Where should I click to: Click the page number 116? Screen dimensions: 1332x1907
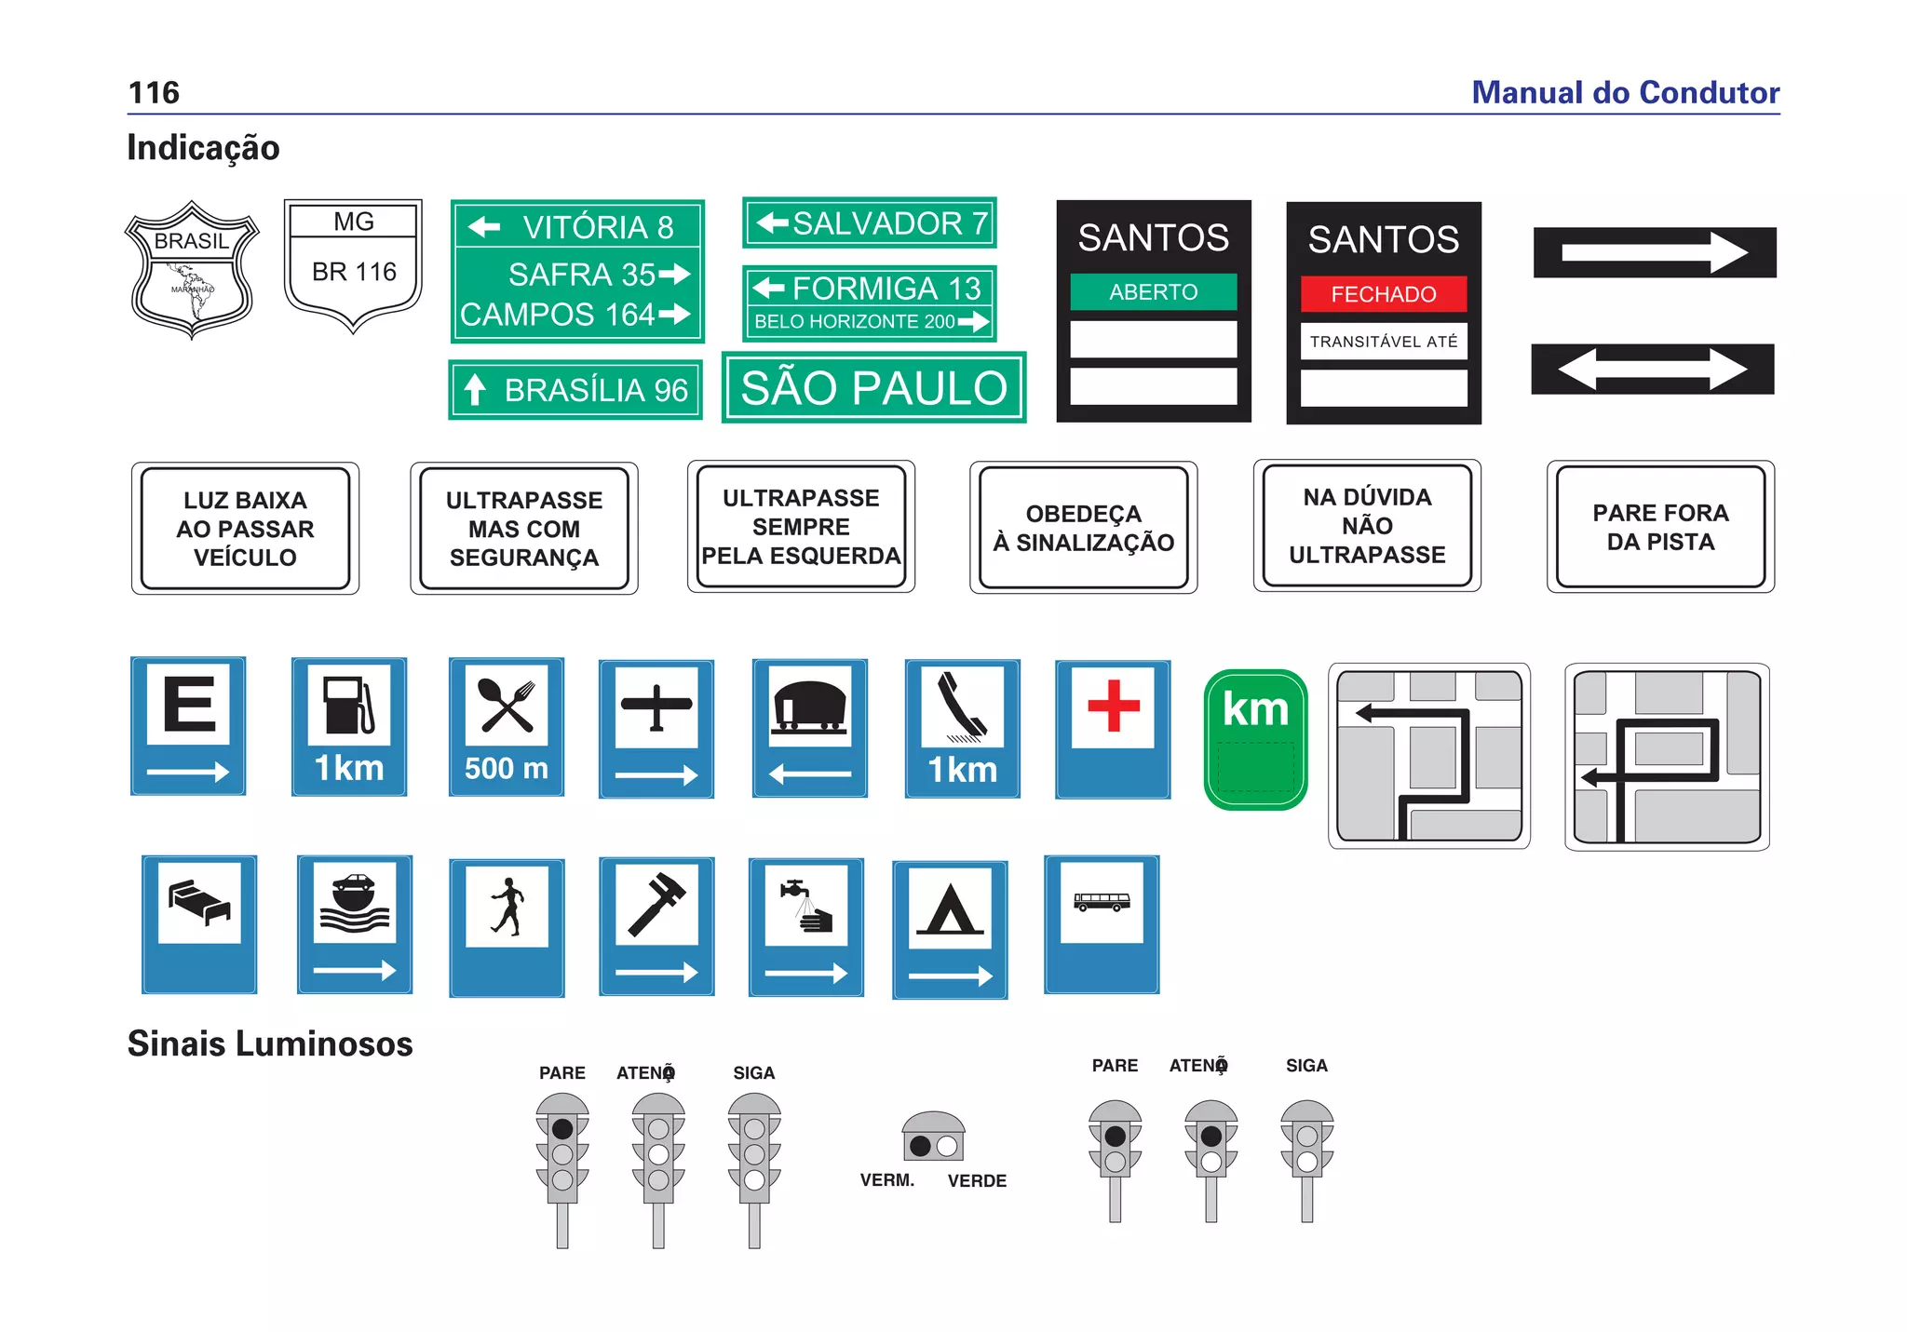coord(154,93)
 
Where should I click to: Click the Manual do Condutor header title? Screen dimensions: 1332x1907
coord(1625,93)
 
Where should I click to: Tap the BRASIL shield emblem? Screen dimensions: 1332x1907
coord(192,269)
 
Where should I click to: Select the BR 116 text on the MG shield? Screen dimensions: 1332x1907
coord(354,272)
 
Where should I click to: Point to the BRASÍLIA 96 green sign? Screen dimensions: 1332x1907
coord(575,390)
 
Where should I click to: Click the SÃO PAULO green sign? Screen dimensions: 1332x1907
coord(873,388)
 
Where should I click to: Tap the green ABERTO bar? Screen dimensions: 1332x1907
coord(1153,292)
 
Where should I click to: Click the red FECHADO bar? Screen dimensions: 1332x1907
coord(1383,294)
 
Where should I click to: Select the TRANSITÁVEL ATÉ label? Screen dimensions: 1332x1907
coord(1383,342)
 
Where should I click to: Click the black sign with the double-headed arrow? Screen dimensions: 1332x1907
coord(1652,370)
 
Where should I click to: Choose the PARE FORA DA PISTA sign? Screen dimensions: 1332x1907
coord(1660,527)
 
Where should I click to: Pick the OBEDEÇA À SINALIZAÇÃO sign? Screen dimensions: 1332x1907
coord(1083,528)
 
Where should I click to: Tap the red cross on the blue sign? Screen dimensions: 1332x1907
coord(1113,706)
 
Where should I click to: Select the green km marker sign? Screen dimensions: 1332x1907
coord(1255,740)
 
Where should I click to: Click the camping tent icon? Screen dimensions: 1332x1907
coord(950,908)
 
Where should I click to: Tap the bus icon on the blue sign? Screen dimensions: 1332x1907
coord(1102,901)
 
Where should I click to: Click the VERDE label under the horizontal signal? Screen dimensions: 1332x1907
coord(977,1181)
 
